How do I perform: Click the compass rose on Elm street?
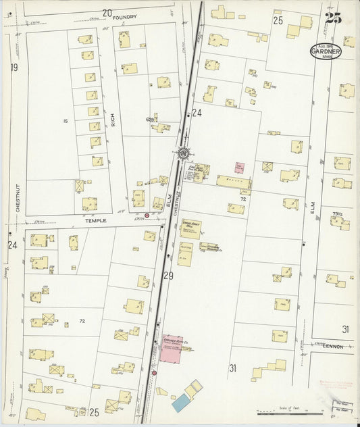pyautogui.click(x=184, y=153)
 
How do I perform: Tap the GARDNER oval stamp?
pyautogui.click(x=326, y=51)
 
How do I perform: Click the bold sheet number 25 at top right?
pyautogui.click(x=332, y=18)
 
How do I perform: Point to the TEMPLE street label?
pyautogui.click(x=96, y=220)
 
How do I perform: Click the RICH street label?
pyautogui.click(x=114, y=120)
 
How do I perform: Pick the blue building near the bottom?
pyautogui.click(x=180, y=404)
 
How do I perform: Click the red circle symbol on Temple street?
pyautogui.click(x=147, y=216)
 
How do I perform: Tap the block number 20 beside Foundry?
pyautogui.click(x=107, y=12)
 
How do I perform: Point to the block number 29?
pyautogui.click(x=168, y=276)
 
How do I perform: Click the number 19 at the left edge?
pyautogui.click(x=14, y=68)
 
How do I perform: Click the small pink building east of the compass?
pyautogui.click(x=239, y=166)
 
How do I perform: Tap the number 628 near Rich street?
pyautogui.click(x=150, y=119)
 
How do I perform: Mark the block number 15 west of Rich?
pyautogui.click(x=65, y=121)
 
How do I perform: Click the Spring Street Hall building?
pyautogui.click(x=190, y=229)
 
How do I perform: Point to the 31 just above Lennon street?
pyautogui.click(x=346, y=330)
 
